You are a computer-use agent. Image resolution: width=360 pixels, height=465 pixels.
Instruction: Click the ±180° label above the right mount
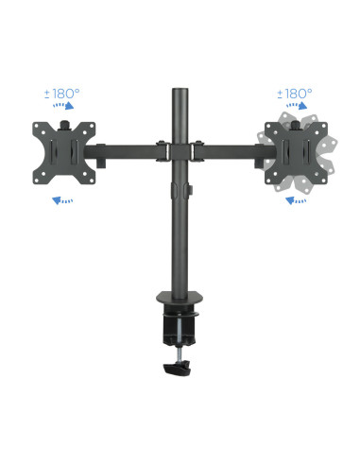coord(293,94)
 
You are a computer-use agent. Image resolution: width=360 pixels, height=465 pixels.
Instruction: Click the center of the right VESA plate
coord(300,151)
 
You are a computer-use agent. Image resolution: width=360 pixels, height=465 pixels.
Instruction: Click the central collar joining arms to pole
coord(179,149)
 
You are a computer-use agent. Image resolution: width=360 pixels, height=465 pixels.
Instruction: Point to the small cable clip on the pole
coord(189,193)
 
